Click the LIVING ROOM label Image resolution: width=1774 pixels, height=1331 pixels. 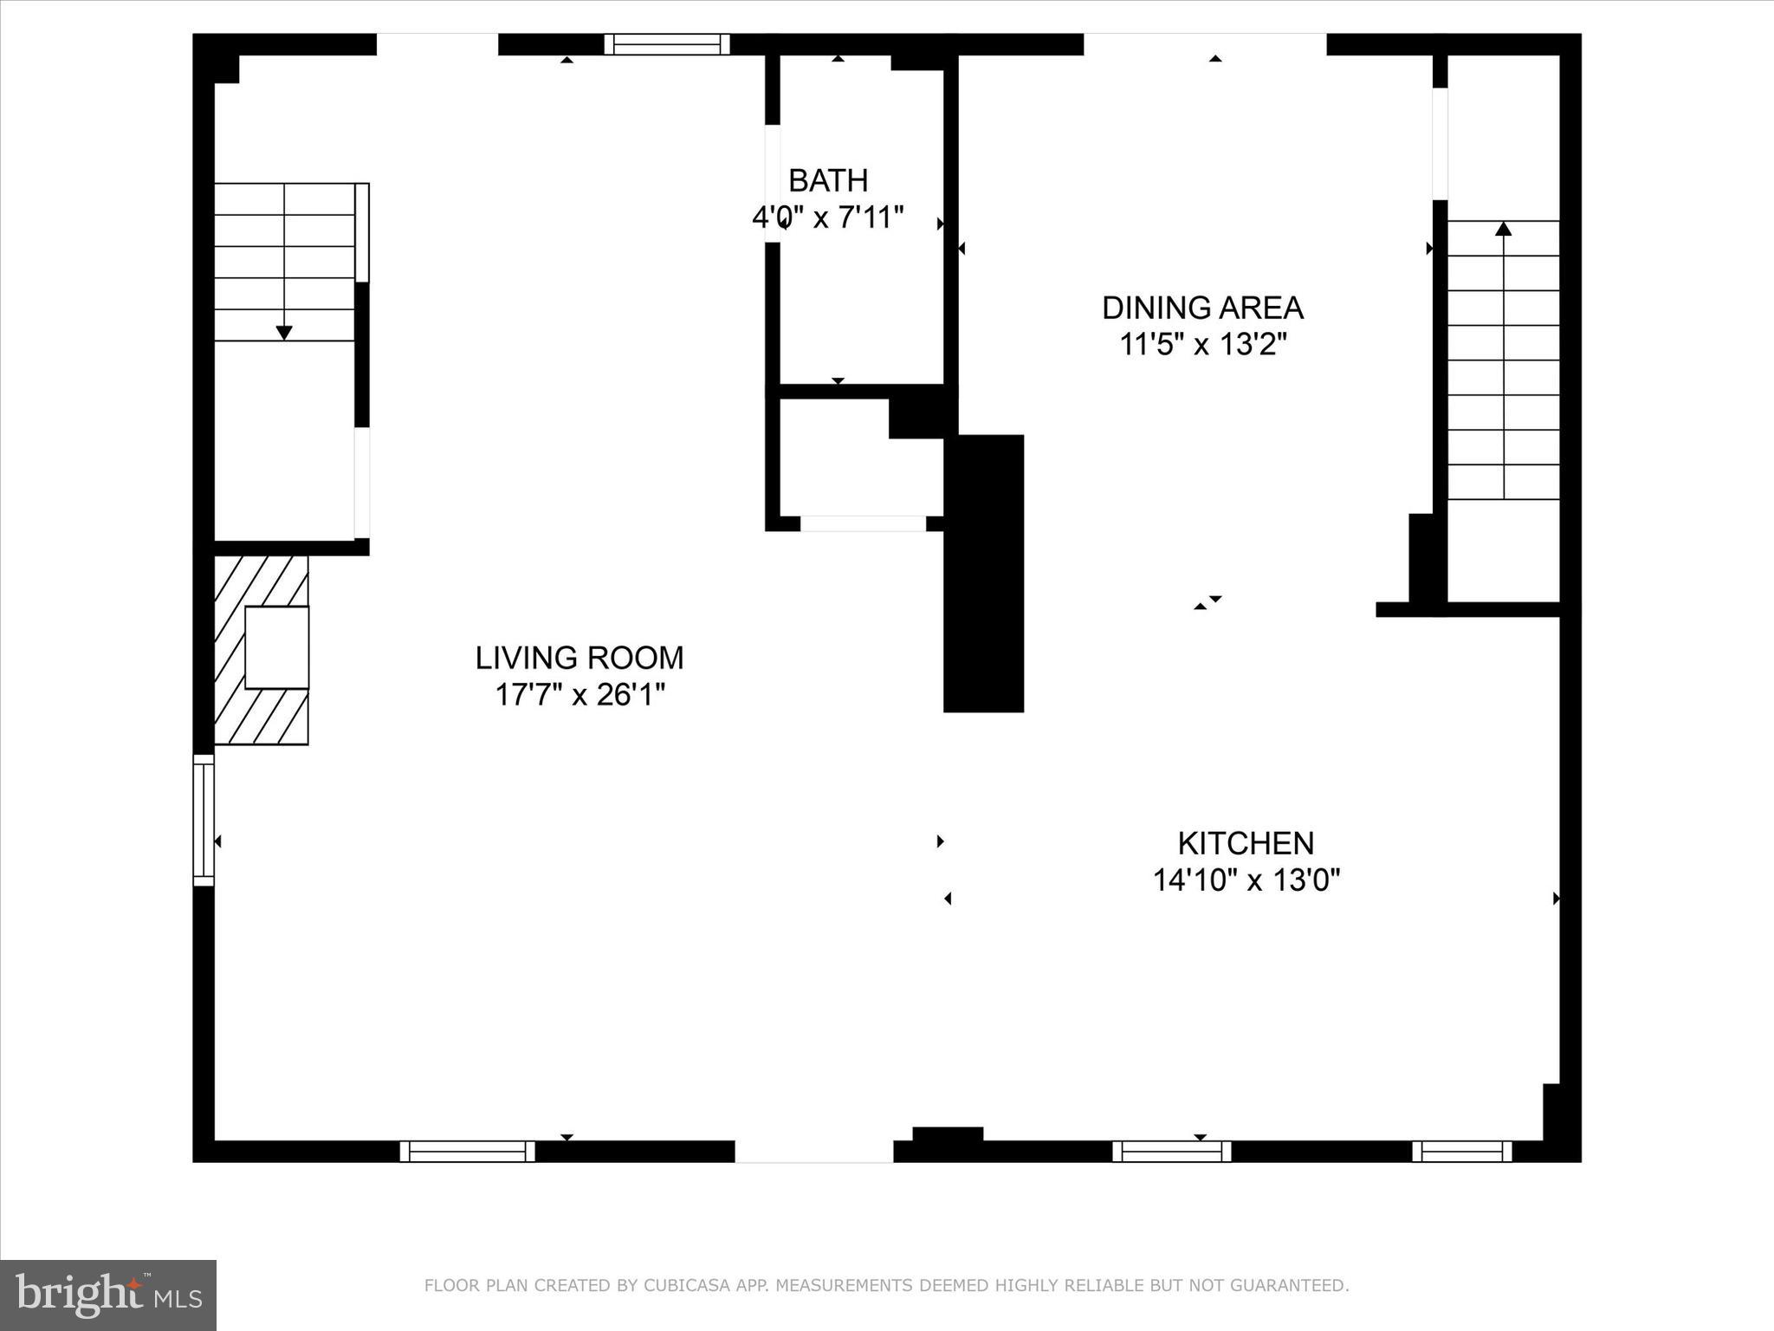pyautogui.click(x=579, y=658)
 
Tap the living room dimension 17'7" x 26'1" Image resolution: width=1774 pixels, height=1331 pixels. pyautogui.click(x=579, y=695)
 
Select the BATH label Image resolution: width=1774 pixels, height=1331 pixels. pyautogui.click(x=828, y=180)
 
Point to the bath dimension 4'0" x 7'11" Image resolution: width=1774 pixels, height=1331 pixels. pyautogui.click(x=828, y=218)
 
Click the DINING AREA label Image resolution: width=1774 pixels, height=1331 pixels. pyautogui.click(x=1202, y=308)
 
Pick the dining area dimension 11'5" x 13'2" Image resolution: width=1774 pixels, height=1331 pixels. pyautogui.click(x=1202, y=345)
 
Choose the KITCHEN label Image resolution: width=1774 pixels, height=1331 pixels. pyautogui.click(x=1246, y=843)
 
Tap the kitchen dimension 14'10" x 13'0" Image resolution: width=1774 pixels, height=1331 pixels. pyautogui.click(x=1246, y=880)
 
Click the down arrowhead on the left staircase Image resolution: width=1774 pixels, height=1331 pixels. pyautogui.click(x=284, y=333)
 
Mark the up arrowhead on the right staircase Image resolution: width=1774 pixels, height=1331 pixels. pyautogui.click(x=1504, y=229)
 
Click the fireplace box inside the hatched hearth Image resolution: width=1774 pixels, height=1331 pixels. pyautogui.click(x=276, y=647)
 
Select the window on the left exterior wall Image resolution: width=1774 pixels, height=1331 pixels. pyautogui.click(x=203, y=820)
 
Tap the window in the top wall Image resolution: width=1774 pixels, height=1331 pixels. pyautogui.click(x=666, y=44)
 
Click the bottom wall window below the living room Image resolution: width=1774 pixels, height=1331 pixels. pyautogui.click(x=467, y=1151)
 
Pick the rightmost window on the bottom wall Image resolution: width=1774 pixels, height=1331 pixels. pyautogui.click(x=1461, y=1151)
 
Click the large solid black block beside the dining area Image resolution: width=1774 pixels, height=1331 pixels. pyautogui.click(x=984, y=574)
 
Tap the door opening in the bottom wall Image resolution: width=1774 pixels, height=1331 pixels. pyautogui.click(x=813, y=1151)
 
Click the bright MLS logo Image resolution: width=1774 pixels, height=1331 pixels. pyautogui.click(x=108, y=1295)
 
